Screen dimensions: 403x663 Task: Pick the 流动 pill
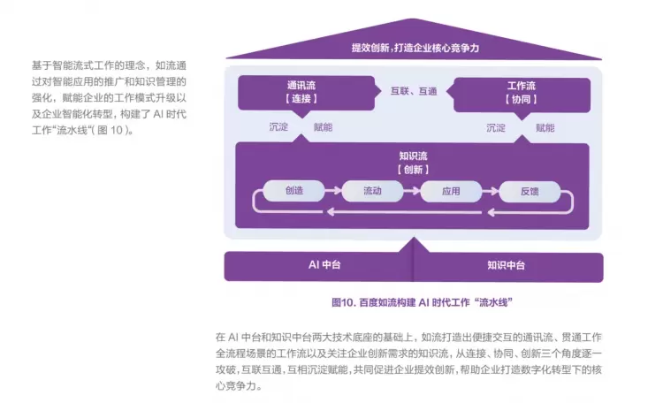click(x=372, y=190)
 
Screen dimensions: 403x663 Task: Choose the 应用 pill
click(x=452, y=190)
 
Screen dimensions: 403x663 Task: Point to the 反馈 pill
click(x=530, y=190)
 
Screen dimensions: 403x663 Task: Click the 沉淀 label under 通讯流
click(x=278, y=127)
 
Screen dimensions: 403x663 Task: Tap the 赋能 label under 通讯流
click(x=323, y=127)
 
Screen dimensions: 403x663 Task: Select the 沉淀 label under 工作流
click(x=496, y=127)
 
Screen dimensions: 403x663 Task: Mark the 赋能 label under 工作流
click(x=545, y=127)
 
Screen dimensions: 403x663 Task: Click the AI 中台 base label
click(x=325, y=265)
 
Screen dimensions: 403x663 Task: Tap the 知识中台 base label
click(x=506, y=265)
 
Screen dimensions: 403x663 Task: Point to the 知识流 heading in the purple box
click(x=414, y=156)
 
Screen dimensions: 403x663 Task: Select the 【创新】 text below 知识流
click(x=414, y=169)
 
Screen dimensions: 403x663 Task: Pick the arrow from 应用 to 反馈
click(x=491, y=190)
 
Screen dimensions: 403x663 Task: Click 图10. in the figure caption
click(x=343, y=301)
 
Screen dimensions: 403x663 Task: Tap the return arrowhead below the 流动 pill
click(x=330, y=211)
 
